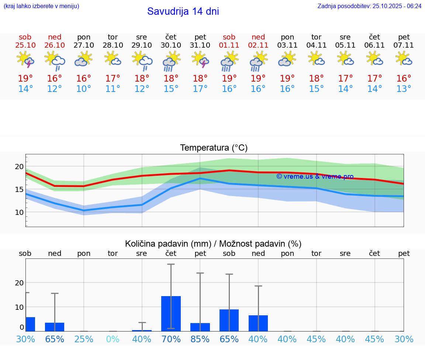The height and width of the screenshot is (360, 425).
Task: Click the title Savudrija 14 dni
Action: tap(183, 11)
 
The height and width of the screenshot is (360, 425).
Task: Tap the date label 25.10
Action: tap(25, 45)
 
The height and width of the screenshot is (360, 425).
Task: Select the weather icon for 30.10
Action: tap(171, 61)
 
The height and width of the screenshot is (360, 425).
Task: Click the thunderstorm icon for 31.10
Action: tap(200, 60)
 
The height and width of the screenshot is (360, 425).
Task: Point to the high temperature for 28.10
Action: tap(113, 79)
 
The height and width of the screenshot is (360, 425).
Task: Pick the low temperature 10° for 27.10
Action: tap(84, 89)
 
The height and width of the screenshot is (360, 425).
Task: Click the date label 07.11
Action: tap(404, 45)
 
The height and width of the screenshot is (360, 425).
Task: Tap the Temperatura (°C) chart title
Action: tap(214, 148)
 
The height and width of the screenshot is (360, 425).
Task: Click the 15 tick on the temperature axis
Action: tap(19, 189)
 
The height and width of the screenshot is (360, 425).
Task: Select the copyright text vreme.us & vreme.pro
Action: tap(315, 176)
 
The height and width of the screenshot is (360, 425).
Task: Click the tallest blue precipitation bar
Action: tap(171, 313)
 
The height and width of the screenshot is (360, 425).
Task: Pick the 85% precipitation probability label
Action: tap(200, 339)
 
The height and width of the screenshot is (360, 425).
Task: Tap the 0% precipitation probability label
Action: tap(113, 339)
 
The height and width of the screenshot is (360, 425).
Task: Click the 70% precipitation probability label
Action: tap(171, 339)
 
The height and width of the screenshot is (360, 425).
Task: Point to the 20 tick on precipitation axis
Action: tap(19, 283)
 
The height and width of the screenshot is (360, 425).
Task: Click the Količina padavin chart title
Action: tap(213, 244)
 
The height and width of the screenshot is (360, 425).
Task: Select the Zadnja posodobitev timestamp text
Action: tap(369, 6)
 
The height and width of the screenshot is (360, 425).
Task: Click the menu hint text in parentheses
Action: tap(41, 6)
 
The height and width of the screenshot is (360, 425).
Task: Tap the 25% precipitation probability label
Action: tap(84, 339)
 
